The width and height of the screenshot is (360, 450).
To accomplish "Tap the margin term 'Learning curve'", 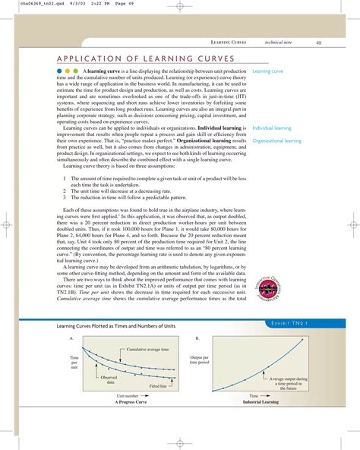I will [267, 71].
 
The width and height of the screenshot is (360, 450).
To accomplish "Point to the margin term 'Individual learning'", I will [272, 128].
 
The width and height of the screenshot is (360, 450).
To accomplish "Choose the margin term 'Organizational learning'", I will [276, 141].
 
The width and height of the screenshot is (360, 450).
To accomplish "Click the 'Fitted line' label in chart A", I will [158, 386].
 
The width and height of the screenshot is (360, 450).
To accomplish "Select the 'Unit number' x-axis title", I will [127, 396].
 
